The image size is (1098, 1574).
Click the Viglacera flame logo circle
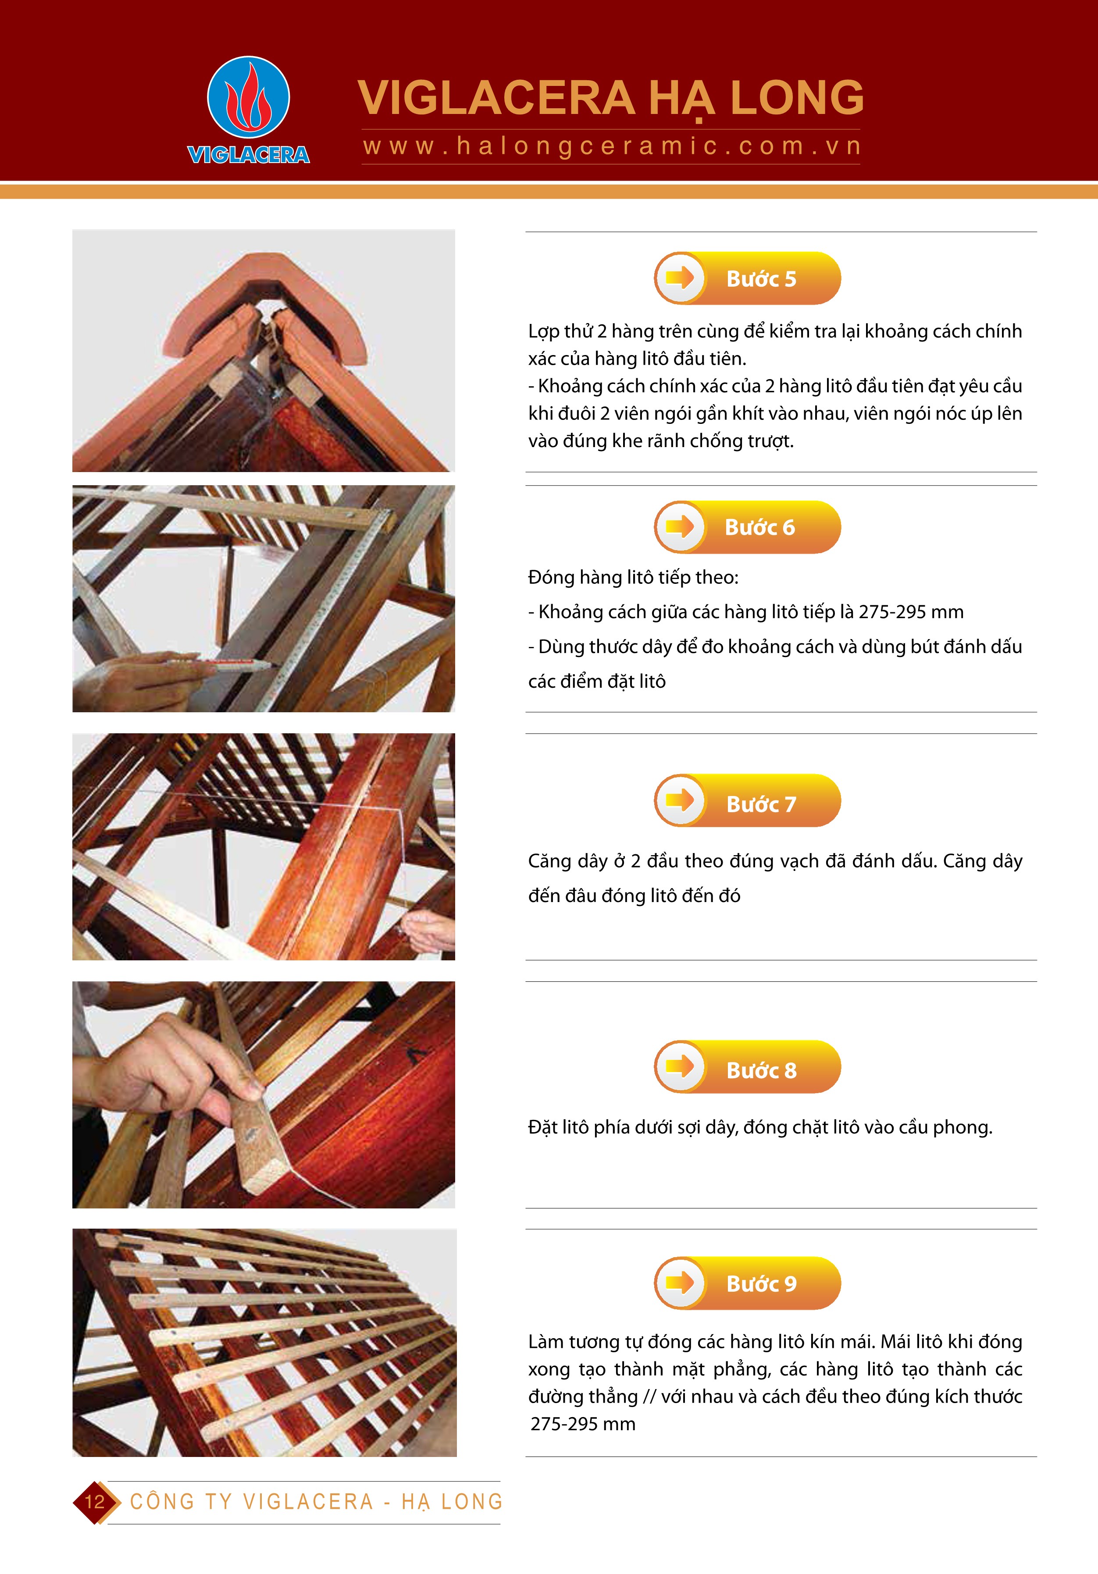pos(248,97)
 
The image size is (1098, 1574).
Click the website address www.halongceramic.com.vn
pos(612,147)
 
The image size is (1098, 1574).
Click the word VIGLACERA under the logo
pos(248,155)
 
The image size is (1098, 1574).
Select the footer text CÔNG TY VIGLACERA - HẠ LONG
pos(316,1502)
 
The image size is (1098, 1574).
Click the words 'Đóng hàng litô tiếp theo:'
pos(633,577)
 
